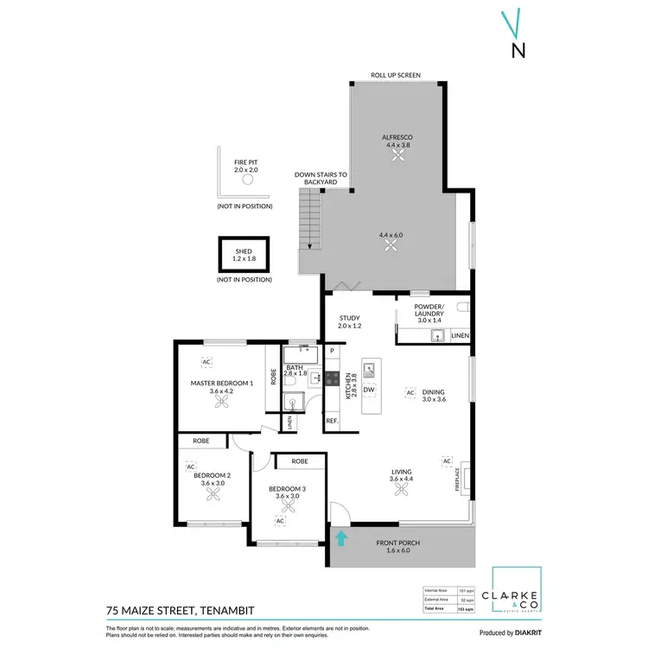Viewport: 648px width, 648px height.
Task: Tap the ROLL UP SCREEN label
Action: click(x=396, y=76)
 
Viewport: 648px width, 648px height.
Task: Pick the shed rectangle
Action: click(x=245, y=254)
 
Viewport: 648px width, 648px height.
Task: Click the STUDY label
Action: click(x=349, y=318)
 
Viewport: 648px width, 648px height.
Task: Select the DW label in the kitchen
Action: click(x=369, y=390)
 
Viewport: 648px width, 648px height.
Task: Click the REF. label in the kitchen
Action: click(x=332, y=421)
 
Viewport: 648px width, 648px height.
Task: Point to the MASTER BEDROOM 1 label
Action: click(x=221, y=382)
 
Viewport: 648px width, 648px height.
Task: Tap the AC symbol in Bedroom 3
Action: click(x=280, y=521)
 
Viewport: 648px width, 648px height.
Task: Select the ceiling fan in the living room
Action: click(x=402, y=490)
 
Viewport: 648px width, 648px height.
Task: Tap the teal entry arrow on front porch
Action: click(x=342, y=539)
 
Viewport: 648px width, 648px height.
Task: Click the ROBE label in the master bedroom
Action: click(x=274, y=377)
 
